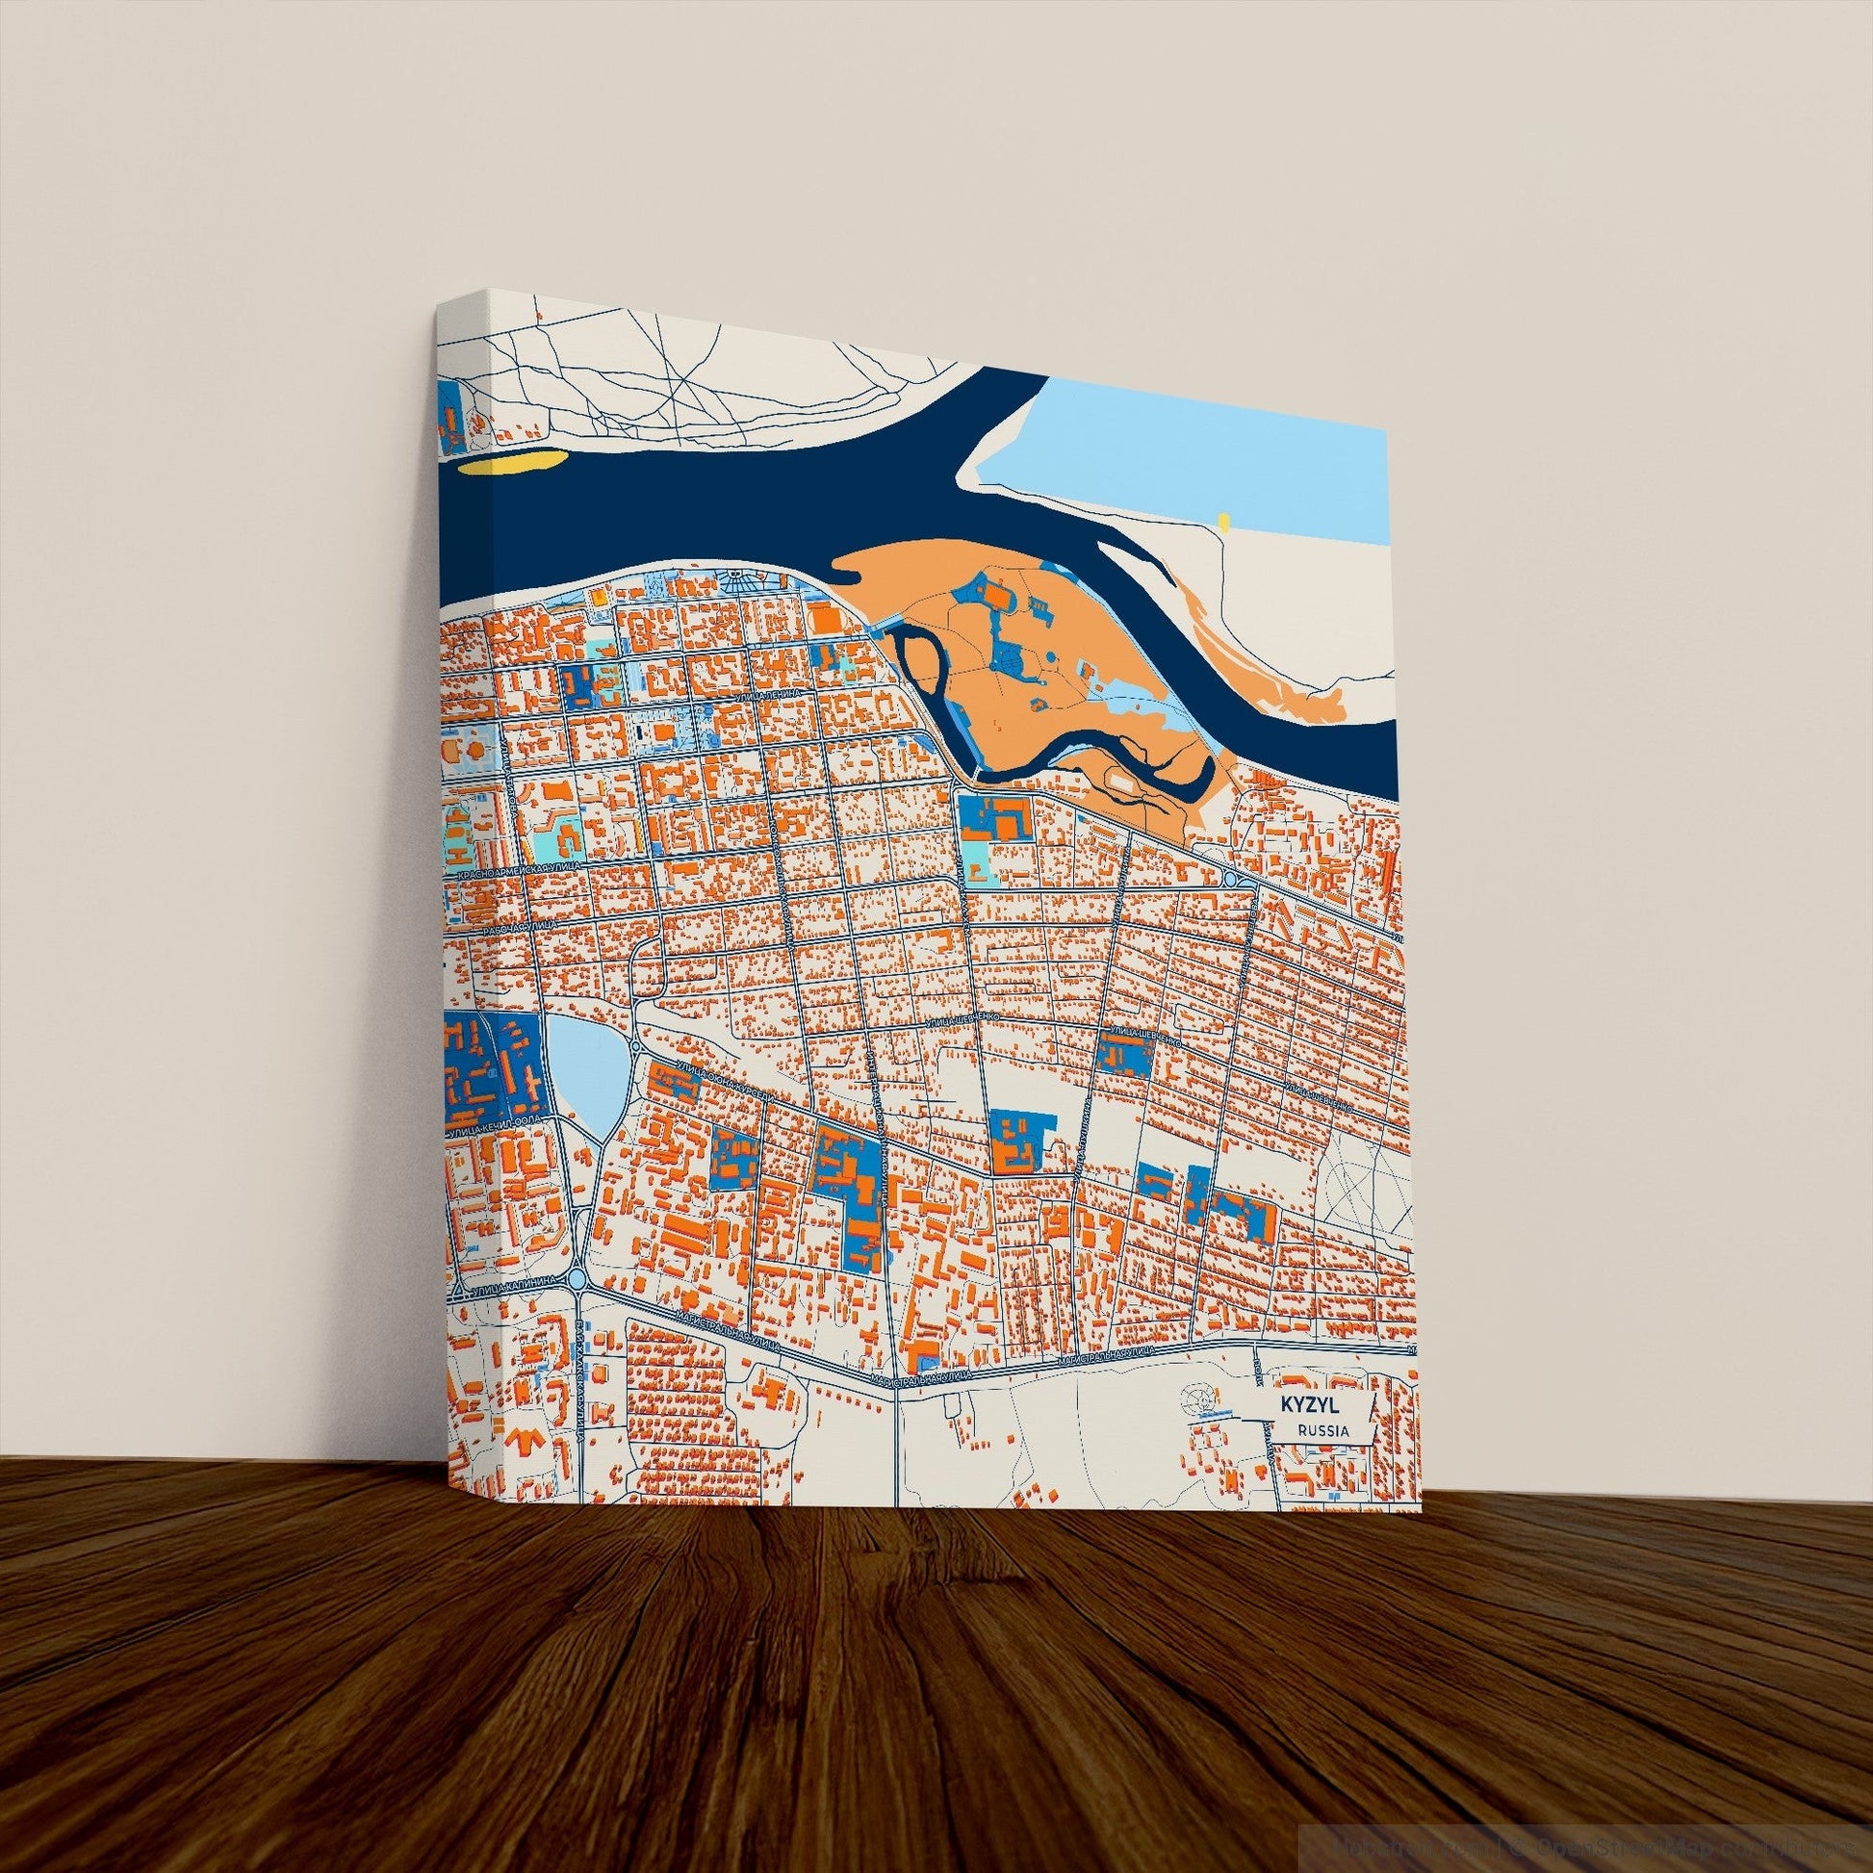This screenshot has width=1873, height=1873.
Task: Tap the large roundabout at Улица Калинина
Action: pyautogui.click(x=579, y=1281)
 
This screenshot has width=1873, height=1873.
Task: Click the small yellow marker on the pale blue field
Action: pyautogui.click(x=1224, y=523)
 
